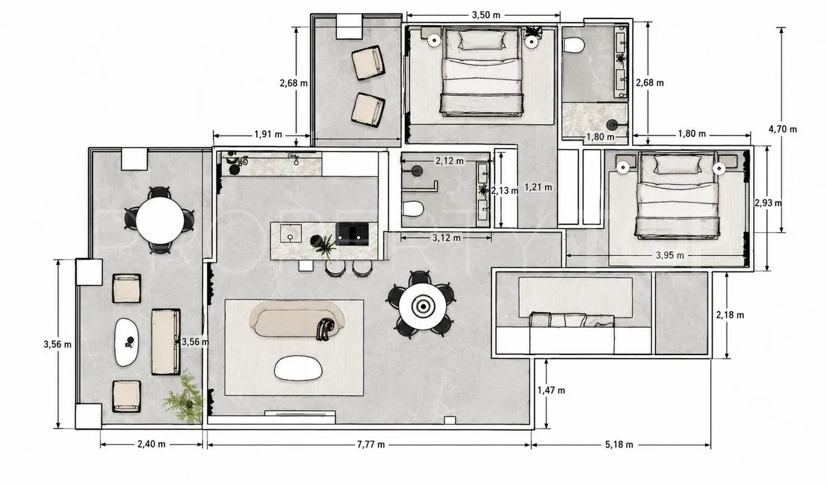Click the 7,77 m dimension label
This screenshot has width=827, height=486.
371,445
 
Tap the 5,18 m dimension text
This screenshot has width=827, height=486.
619,445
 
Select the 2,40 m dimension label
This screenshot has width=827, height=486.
152,444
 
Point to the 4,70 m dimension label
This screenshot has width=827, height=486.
783,129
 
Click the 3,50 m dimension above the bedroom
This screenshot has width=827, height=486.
487,15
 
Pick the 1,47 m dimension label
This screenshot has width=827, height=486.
551,390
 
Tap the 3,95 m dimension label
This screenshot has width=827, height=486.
670,255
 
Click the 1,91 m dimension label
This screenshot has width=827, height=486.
268,135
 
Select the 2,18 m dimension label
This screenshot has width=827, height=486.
731,315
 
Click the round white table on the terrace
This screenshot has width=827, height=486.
160,220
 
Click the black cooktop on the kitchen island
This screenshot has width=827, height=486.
352,234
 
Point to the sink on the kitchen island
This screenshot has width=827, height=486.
291,233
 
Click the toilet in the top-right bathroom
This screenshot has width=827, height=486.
573,45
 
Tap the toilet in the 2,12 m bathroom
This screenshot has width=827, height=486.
412,209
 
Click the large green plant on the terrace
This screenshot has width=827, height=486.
184,397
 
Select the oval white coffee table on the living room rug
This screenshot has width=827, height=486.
298,368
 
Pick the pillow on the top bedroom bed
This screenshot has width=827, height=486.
482,40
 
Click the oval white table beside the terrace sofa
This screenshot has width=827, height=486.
126,342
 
